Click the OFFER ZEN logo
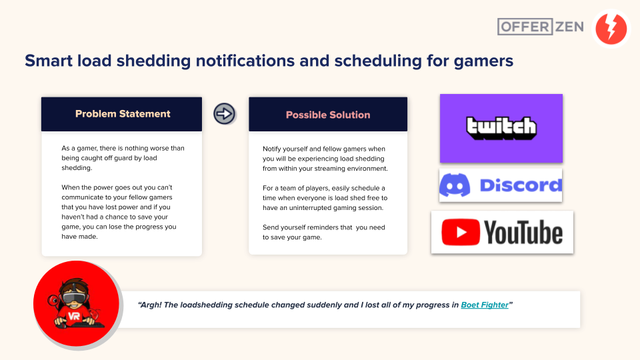tap(541, 27)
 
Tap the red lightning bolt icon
tap(611, 29)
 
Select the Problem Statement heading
tap(123, 114)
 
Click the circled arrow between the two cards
tap(224, 113)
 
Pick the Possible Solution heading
tap(328, 115)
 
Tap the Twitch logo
tap(501, 128)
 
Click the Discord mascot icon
tap(455, 185)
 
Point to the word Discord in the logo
tap(521, 185)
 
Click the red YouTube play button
tap(461, 232)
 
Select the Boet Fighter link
tap(485, 305)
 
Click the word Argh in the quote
tap(149, 305)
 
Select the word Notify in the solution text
tap(271, 149)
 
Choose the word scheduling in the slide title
tap(378, 61)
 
